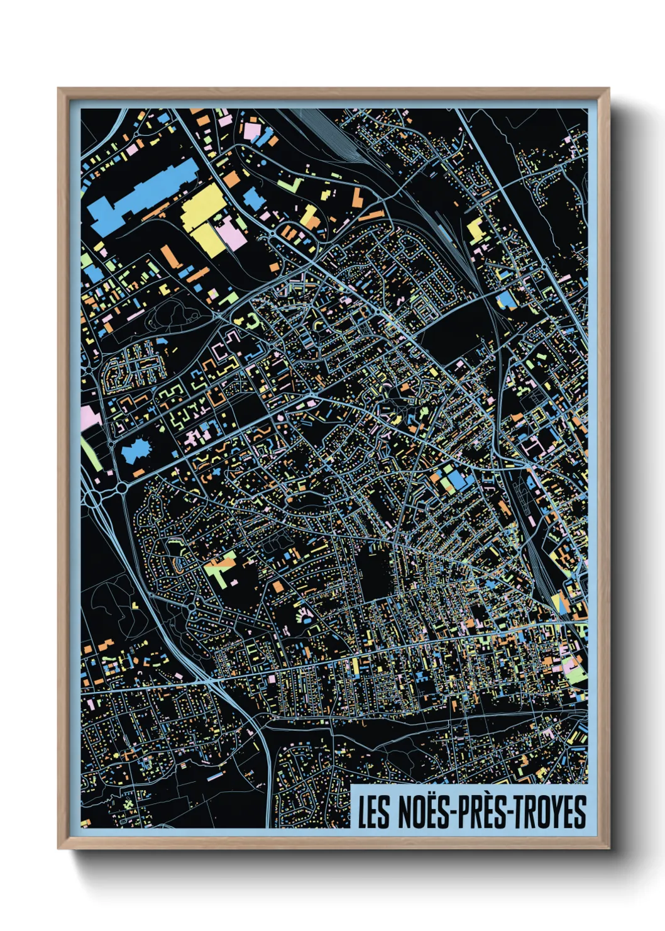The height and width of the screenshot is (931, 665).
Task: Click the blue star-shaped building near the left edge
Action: coord(137,450)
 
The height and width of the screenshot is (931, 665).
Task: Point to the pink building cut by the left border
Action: coord(89,416)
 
